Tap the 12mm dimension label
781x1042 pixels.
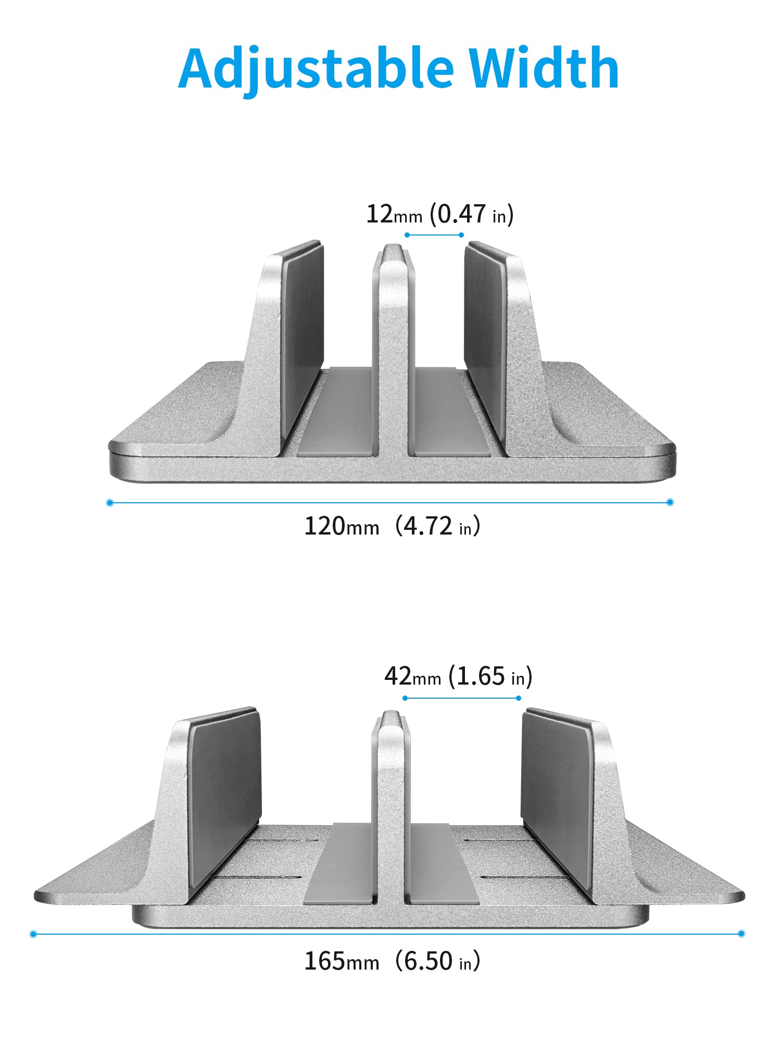tap(394, 214)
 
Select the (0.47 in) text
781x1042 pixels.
tap(472, 214)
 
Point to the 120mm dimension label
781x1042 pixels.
tap(341, 526)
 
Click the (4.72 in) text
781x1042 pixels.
tap(437, 526)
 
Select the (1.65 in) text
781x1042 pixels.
tap(490, 676)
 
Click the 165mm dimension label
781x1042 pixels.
tap(341, 961)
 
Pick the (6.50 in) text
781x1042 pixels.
tap(437, 961)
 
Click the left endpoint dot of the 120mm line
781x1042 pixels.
tap(109, 503)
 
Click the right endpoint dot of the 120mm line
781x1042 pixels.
tap(670, 502)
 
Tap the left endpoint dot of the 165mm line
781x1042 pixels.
tap(33, 934)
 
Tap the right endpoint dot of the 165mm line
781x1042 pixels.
tap(741, 933)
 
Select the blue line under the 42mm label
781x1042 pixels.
tap(462, 698)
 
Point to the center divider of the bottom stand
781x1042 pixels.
tap(391, 808)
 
